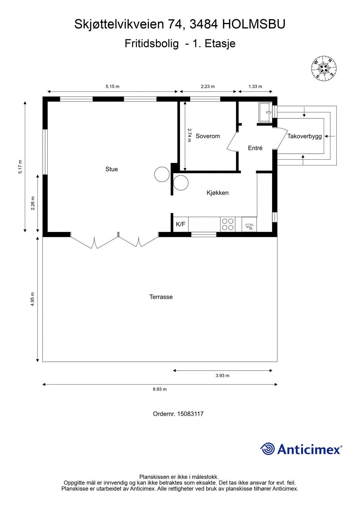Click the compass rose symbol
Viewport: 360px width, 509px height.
(324, 68)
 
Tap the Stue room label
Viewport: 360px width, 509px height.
(111, 169)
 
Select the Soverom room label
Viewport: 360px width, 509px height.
(208, 136)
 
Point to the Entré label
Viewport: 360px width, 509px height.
(255, 148)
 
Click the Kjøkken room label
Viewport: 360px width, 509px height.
(217, 193)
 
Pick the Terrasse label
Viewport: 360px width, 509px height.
(161, 297)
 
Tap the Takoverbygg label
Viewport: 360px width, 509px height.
(304, 136)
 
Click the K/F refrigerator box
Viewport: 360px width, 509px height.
(180, 224)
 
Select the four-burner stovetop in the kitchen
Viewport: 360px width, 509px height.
(228, 224)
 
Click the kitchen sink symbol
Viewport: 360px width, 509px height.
(249, 225)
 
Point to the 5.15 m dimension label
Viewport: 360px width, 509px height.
(112, 86)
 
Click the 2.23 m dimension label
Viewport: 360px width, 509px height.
(208, 86)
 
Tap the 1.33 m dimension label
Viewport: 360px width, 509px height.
(255, 86)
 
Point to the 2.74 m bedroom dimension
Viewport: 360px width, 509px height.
(189, 135)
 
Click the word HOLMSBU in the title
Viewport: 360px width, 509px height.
(254, 24)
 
